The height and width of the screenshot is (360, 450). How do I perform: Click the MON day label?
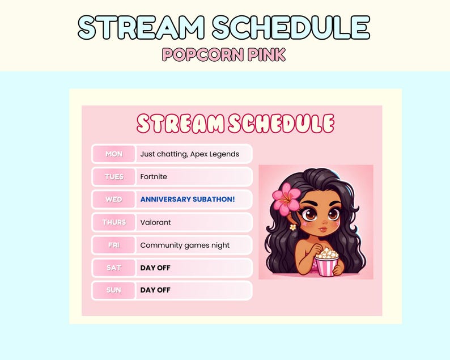click(x=113, y=154)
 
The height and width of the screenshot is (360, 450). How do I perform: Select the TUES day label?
click(x=113, y=177)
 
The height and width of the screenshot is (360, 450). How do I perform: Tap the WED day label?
click(x=113, y=200)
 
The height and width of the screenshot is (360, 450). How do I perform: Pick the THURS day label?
click(x=113, y=222)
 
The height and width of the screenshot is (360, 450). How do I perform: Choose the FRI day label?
click(x=113, y=245)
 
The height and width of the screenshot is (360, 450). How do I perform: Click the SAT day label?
click(x=113, y=268)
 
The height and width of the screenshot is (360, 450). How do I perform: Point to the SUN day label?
click(x=113, y=290)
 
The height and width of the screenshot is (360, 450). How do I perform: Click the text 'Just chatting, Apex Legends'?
click(x=189, y=154)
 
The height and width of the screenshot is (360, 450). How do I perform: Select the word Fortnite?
click(x=154, y=177)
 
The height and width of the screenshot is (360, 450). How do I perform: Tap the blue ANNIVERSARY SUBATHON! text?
click(x=187, y=200)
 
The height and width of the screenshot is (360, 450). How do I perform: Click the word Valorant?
click(x=155, y=222)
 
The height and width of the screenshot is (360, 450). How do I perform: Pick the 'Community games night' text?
click(x=185, y=245)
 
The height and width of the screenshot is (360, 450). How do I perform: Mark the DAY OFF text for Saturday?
click(x=155, y=268)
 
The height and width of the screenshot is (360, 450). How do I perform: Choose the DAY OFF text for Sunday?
click(x=155, y=290)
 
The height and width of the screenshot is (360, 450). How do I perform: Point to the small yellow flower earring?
click(x=292, y=227)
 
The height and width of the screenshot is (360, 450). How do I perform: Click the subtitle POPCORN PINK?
click(x=224, y=54)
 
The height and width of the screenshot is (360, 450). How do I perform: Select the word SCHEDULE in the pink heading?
click(x=281, y=124)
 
